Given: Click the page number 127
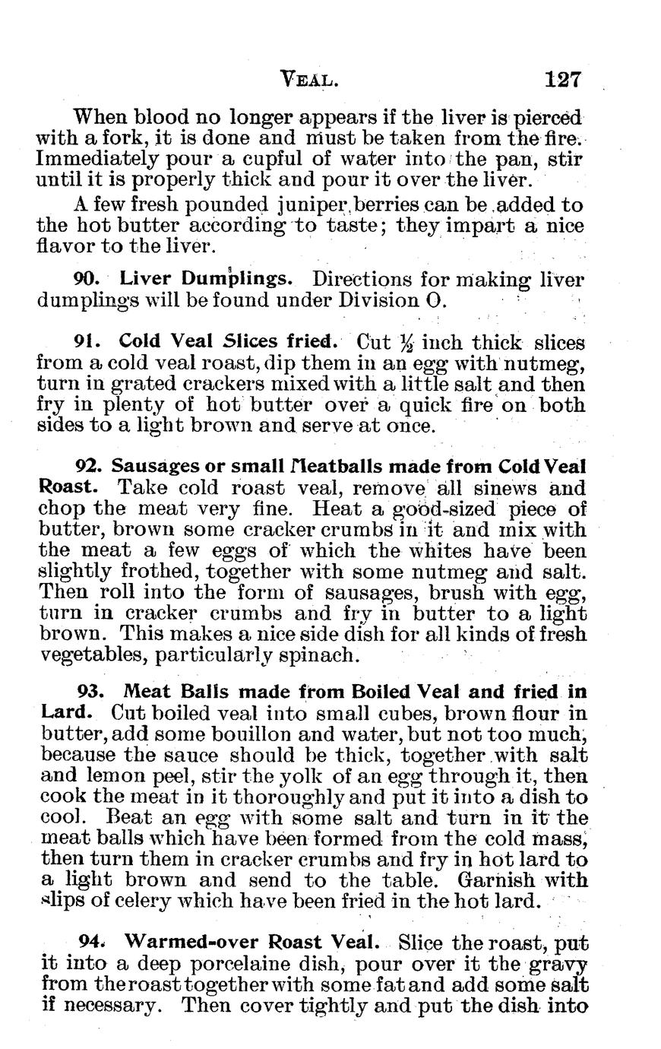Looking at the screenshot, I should pos(562,79).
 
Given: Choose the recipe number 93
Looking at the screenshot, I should pos(91,692).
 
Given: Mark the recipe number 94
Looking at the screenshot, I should pos(91,942).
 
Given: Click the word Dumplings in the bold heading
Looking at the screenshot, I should pos(236,280).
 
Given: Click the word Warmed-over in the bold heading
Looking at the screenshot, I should pos(193,942).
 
